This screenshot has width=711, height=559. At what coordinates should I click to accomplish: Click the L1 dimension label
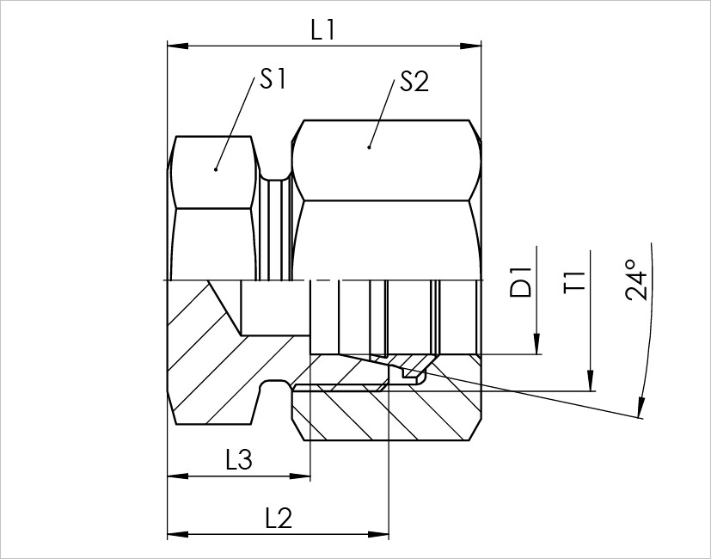tap(323, 31)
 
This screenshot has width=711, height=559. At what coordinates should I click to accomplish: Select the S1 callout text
tap(273, 81)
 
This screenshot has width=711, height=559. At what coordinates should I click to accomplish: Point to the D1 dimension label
tap(522, 285)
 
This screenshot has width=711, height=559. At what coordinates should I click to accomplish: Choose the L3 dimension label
tap(238, 461)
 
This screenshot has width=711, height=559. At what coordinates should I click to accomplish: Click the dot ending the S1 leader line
tap(216, 169)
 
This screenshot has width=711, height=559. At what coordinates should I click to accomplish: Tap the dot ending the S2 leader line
tap(369, 147)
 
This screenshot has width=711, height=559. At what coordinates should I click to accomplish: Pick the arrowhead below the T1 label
tap(591, 383)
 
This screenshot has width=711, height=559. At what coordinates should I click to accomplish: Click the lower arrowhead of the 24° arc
tap(640, 410)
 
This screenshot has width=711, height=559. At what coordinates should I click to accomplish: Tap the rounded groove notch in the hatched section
tap(273, 390)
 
